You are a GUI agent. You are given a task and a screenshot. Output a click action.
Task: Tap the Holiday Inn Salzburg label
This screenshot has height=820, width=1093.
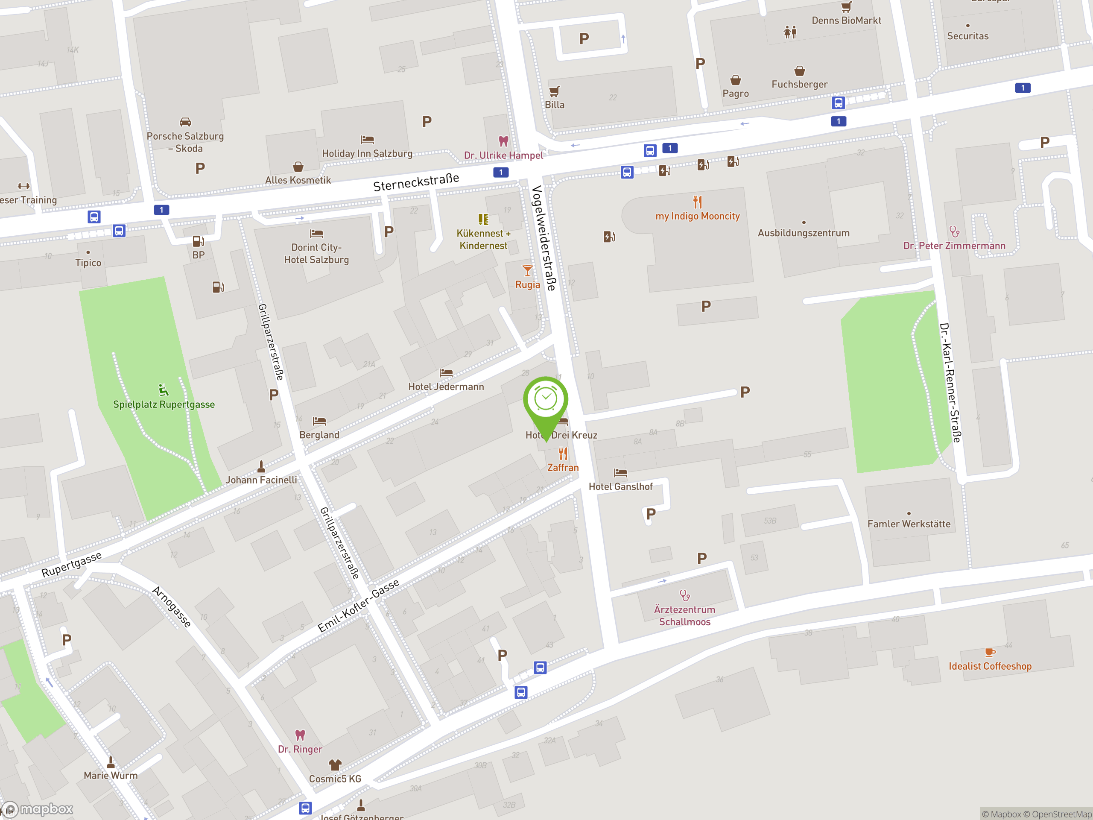367,154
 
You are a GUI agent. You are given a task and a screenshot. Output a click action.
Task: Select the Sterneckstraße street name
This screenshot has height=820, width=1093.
416,182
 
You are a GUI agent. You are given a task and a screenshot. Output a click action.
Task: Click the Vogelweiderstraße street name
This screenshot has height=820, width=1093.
544,238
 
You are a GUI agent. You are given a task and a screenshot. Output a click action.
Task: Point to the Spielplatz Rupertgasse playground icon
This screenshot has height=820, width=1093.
164,390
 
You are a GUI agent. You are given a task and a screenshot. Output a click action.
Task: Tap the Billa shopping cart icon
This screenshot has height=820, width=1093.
555,91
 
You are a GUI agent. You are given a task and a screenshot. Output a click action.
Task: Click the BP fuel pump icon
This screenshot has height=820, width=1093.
198,241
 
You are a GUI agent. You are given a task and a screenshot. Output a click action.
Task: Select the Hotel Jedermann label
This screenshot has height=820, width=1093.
446,387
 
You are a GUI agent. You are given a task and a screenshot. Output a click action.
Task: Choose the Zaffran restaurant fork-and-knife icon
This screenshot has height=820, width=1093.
563,454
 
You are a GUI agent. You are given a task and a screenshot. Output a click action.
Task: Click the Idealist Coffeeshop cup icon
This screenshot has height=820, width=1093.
990,653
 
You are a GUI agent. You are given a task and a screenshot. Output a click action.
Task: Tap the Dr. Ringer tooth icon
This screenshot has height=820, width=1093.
300,735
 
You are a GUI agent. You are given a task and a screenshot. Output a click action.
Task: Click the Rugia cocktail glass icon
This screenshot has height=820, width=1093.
528,271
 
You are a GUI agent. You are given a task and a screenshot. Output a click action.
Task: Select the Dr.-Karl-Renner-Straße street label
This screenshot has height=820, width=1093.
950,383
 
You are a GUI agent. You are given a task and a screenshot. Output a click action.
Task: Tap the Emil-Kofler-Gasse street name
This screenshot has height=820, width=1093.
358,606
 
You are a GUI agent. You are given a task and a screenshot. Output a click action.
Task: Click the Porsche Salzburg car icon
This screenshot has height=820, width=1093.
185,122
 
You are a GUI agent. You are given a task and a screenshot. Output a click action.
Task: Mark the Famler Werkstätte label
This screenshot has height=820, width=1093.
909,524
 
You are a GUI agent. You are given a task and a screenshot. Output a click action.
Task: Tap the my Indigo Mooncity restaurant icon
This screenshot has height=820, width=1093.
697,202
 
